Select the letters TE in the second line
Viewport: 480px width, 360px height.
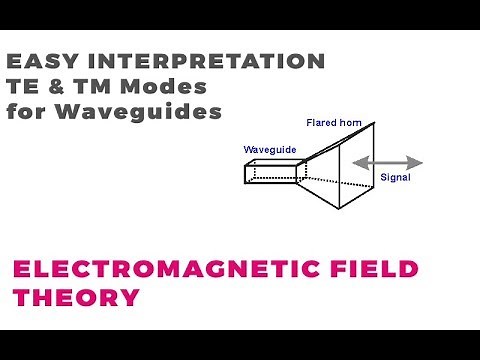22,87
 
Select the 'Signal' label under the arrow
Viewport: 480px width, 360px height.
396,178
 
